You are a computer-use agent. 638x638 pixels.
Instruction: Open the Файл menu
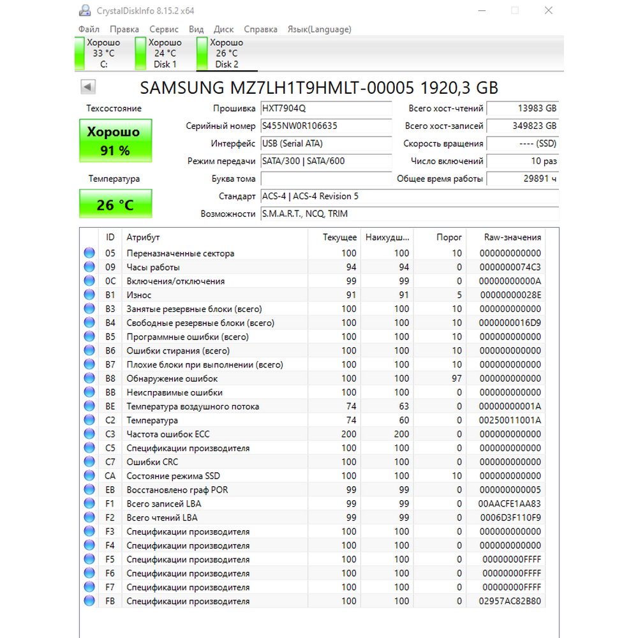tap(89, 29)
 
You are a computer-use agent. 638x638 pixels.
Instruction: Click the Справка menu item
tap(260, 29)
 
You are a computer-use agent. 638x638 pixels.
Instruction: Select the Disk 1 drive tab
tap(165, 54)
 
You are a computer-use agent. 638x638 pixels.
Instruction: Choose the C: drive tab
tap(103, 54)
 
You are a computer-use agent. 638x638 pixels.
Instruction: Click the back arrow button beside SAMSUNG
tap(88, 87)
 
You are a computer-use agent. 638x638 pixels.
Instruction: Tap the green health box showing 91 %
tap(115, 140)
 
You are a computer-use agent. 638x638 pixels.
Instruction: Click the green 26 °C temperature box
tap(115, 205)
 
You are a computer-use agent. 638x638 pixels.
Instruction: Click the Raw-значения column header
tap(512, 237)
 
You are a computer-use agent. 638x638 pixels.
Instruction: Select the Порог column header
tap(449, 237)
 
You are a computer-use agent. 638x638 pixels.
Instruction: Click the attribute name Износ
tap(139, 295)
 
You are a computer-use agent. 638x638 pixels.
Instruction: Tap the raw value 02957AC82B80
tap(510, 601)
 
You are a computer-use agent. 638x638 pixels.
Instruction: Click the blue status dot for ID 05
tap(89, 253)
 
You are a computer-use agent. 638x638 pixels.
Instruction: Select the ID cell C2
tap(110, 420)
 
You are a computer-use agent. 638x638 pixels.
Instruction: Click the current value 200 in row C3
tap(348, 434)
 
